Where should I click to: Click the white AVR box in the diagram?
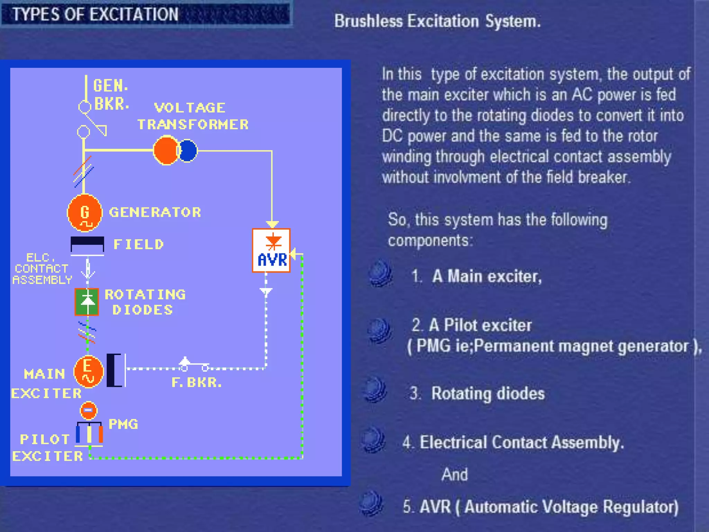point(271,250)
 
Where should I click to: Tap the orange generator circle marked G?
point(85,213)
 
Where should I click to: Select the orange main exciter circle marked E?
point(88,372)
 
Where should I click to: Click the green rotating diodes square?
point(87,302)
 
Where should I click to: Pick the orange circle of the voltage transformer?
point(166,150)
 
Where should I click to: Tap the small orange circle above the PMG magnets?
point(89,410)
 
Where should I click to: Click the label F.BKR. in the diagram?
point(196,383)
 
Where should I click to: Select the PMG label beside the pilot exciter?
point(123,424)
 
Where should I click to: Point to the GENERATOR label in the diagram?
point(155,212)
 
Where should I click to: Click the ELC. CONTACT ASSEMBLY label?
point(42,269)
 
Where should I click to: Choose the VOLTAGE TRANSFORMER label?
point(193,116)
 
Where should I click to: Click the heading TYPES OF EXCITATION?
point(96,15)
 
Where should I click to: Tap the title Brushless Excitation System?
point(437,21)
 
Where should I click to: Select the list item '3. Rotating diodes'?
point(477,394)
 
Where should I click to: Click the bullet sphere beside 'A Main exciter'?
point(380,273)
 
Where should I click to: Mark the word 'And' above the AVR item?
point(455,475)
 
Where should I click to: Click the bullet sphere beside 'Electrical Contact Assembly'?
point(373,440)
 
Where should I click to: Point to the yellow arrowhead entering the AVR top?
point(272,224)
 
